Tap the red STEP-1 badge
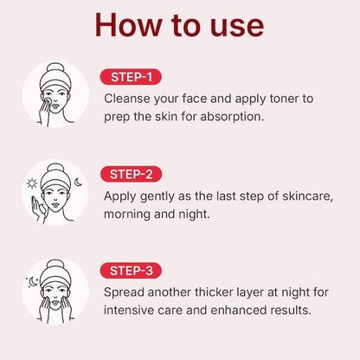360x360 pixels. pos(131,78)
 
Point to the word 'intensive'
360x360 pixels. pos(132,309)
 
